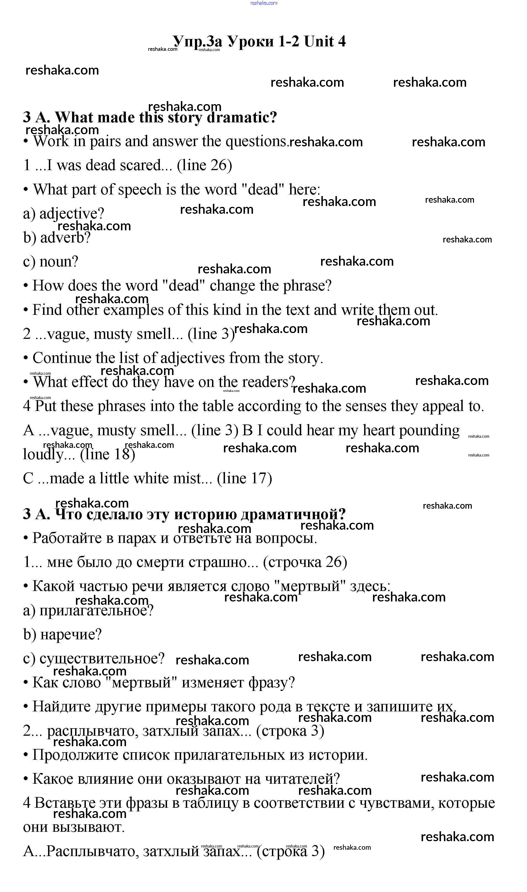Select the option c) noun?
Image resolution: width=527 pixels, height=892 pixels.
(x=51, y=262)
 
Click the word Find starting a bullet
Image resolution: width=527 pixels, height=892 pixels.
(x=47, y=310)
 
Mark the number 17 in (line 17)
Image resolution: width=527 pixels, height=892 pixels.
(x=259, y=479)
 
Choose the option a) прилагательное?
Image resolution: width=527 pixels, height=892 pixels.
(x=88, y=610)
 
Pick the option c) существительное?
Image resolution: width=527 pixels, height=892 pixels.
(x=94, y=658)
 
